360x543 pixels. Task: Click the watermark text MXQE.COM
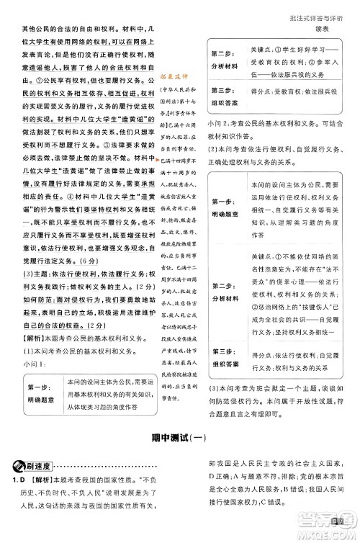click(333, 531)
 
